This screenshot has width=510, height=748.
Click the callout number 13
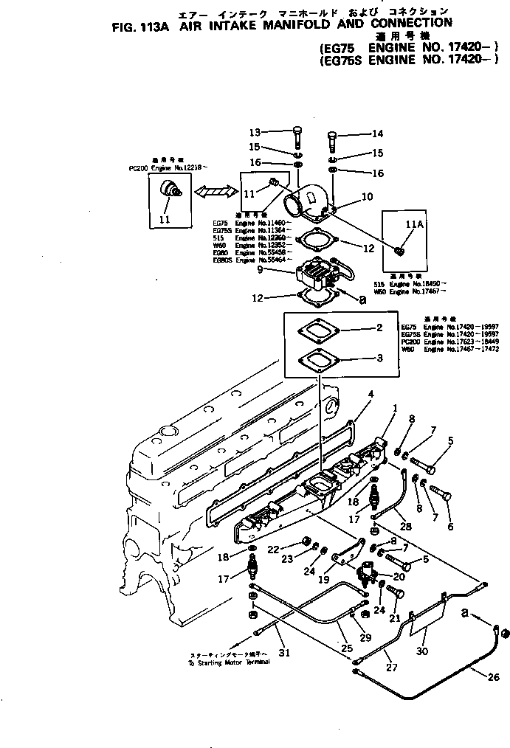click(x=255, y=133)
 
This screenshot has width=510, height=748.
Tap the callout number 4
click(x=371, y=394)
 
